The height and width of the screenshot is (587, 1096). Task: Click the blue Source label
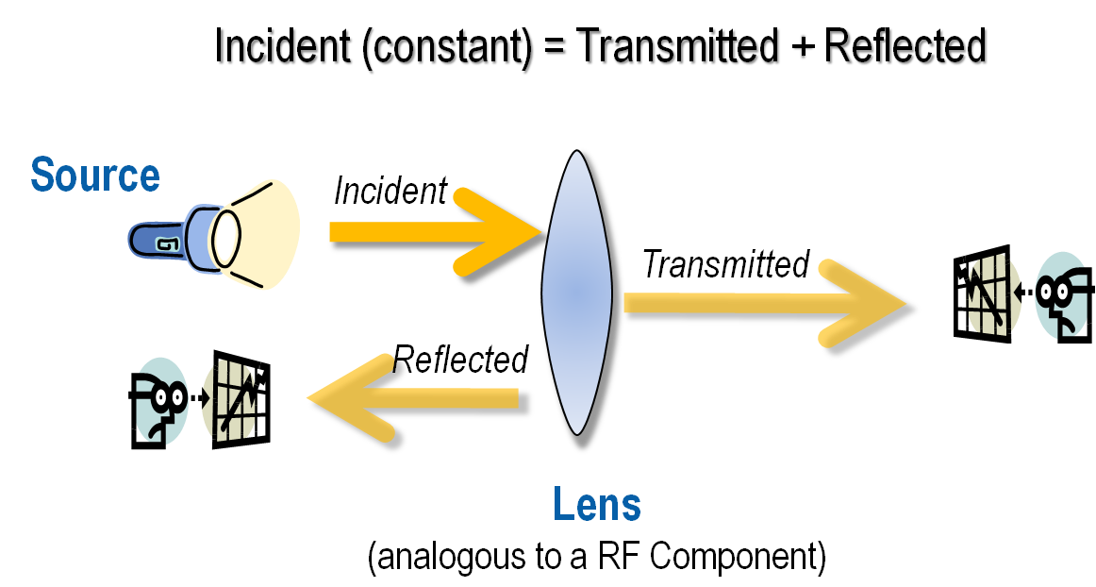pos(95,176)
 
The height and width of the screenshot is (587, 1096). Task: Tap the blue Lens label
pos(597,505)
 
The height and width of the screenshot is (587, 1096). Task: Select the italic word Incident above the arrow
pos(390,191)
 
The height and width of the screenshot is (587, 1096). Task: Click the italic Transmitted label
pos(725,264)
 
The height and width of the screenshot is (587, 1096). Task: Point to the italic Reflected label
pos(461,359)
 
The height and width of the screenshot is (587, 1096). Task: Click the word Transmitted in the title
pos(679,48)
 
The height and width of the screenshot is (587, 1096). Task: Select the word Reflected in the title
pos(905,48)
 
